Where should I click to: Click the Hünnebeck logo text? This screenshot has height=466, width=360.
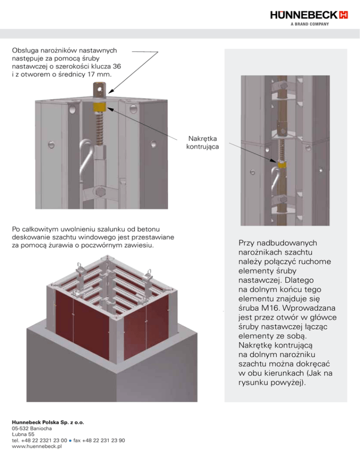point(304,15)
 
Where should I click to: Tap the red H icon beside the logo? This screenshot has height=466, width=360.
point(343,15)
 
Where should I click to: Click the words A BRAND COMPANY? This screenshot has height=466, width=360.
point(310,24)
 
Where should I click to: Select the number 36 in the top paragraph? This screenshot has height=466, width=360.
point(117,66)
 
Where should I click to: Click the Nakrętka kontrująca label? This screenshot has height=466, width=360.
point(202,143)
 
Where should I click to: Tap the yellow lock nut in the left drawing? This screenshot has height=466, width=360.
point(99,107)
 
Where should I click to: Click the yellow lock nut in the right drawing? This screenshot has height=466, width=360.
point(282,165)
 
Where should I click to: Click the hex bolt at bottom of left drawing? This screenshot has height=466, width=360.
point(100,192)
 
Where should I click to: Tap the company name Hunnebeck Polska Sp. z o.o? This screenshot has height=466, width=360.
point(48,422)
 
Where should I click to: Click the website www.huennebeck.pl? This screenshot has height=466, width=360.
point(37,446)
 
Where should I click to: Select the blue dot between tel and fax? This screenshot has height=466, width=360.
point(70,441)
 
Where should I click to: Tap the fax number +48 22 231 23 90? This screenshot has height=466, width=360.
point(104,440)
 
